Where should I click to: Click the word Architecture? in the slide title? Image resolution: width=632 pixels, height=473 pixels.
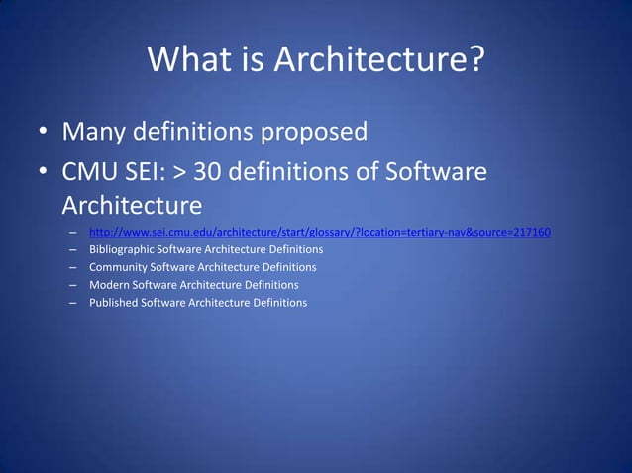tap(379, 61)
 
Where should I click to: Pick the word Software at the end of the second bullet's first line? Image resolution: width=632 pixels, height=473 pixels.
tap(434, 173)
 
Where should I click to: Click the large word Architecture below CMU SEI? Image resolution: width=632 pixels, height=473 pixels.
tap(132, 206)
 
